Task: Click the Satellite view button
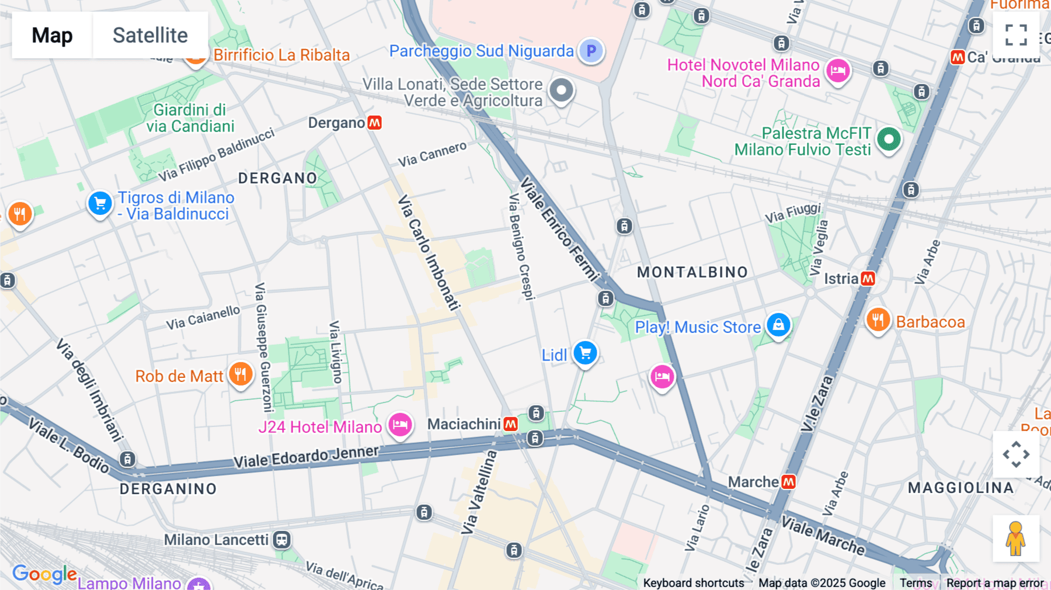tap(150, 35)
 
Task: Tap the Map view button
tap(52, 35)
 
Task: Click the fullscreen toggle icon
tap(1016, 35)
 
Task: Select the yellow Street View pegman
tap(1015, 539)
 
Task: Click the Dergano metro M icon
tap(375, 123)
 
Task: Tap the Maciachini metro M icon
tap(511, 424)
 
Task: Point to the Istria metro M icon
tap(868, 279)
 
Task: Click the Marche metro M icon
tap(788, 482)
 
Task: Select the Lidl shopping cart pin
tap(585, 353)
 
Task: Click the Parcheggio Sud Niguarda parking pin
tap(591, 51)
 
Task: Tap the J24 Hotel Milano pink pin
tap(400, 425)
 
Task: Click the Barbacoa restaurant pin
tap(878, 320)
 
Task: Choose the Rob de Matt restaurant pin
tap(241, 374)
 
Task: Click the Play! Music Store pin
tap(778, 325)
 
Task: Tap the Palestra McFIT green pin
tap(889, 139)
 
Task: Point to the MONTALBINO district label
tap(692, 272)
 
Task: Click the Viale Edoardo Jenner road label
tap(306, 457)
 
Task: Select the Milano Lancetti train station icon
tap(282, 540)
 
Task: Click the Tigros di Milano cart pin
tap(100, 203)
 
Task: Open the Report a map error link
tap(995, 583)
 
